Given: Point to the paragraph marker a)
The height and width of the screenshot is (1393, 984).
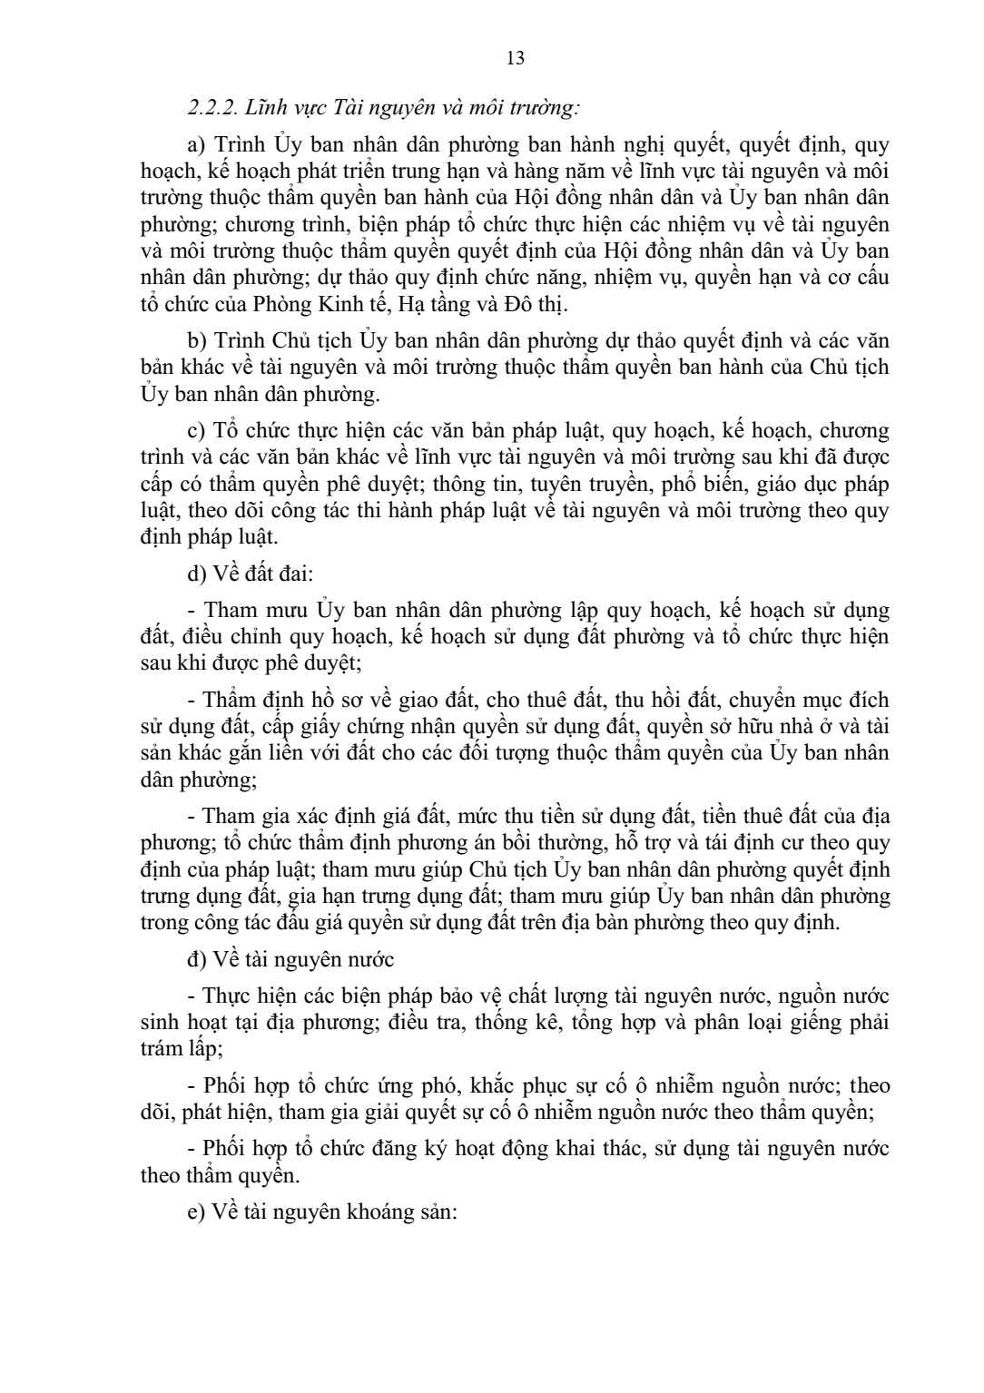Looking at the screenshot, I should pos(196,145).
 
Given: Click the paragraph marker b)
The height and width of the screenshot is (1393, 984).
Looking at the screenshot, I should pos(196,342).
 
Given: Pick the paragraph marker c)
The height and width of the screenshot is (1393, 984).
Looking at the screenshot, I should pos(196,430).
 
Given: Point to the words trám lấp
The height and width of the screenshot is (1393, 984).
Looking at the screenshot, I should pos(176,1048).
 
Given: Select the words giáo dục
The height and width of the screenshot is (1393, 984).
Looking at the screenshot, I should pos(777,484).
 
